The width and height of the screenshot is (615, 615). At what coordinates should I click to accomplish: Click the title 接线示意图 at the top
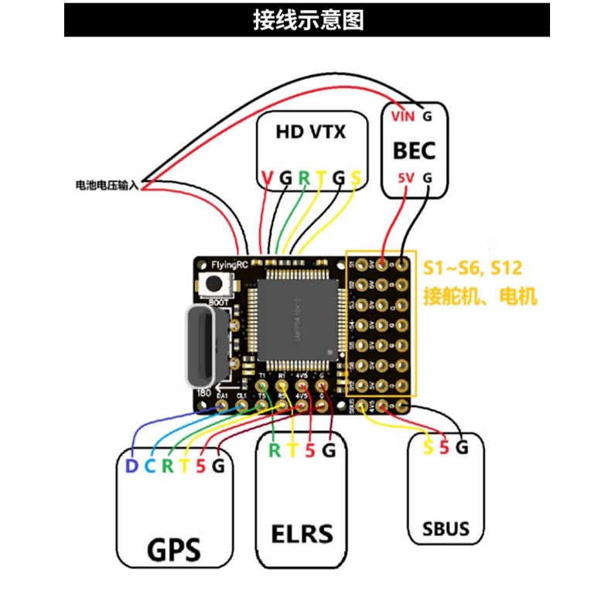307,19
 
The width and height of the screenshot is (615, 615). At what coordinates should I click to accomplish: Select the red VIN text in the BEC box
403,117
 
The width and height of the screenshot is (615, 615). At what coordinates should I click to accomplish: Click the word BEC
414,149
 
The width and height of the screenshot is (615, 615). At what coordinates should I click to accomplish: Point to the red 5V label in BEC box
405,177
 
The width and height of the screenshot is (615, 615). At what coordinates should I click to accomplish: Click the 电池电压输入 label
106,185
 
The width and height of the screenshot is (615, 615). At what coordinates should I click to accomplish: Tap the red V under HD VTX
267,179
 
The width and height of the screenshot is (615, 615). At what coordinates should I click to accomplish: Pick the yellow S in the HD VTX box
356,179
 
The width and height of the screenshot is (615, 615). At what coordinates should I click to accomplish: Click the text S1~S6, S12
472,268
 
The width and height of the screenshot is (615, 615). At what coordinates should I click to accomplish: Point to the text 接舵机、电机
479,296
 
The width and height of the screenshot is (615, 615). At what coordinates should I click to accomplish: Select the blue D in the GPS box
131,466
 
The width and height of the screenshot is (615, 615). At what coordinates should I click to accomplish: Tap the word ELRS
302,534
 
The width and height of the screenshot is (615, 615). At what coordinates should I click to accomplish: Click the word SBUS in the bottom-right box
446,530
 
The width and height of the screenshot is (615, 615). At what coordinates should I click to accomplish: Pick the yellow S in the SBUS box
429,447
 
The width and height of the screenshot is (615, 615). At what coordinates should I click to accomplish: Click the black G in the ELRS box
328,449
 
